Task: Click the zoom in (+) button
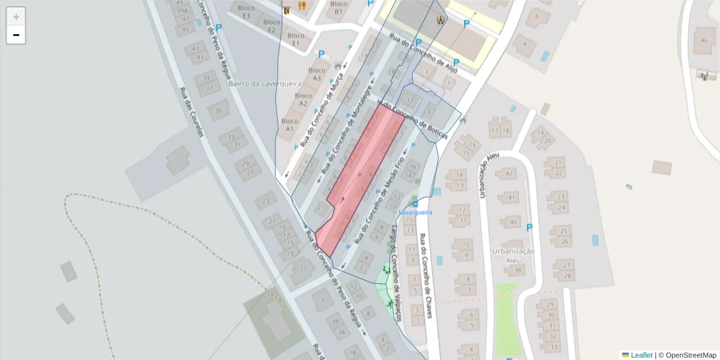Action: (x=16, y=17)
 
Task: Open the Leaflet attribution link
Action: (x=641, y=355)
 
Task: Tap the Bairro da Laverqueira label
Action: (x=265, y=84)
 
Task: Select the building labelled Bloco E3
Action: (x=243, y=11)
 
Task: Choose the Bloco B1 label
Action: (x=338, y=7)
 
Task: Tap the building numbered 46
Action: (x=704, y=40)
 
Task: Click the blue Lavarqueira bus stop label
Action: (x=415, y=212)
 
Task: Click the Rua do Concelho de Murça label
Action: (x=322, y=110)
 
